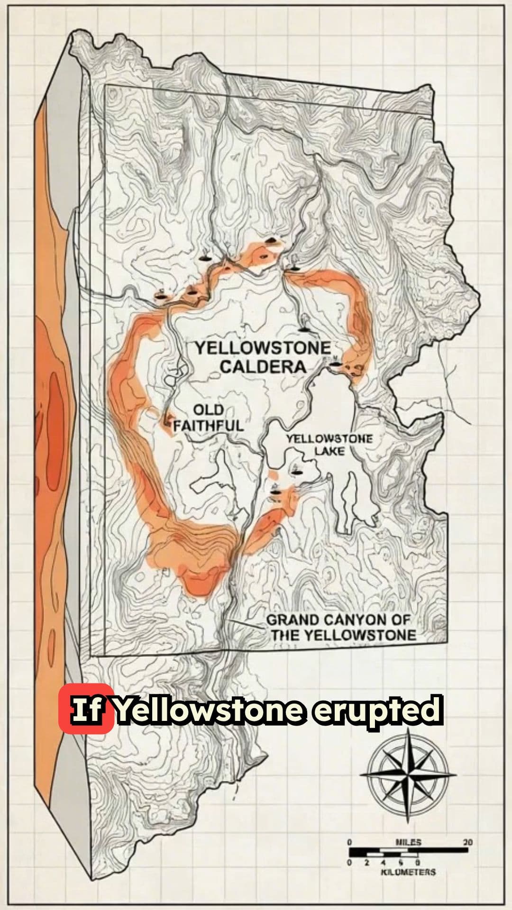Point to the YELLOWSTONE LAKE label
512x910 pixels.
click(329, 445)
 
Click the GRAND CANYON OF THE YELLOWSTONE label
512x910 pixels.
click(340, 628)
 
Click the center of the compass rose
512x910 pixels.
click(408, 776)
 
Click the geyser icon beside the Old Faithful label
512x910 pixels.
click(168, 419)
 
